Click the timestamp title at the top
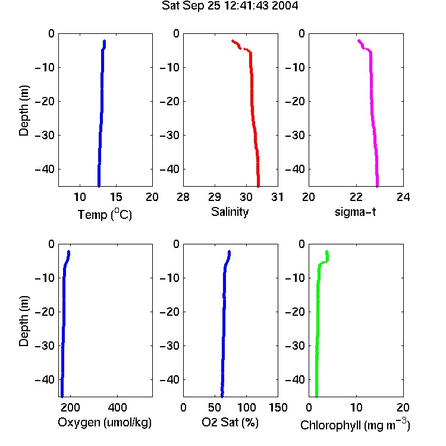[x=230, y=5]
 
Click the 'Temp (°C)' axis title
[x=105, y=215]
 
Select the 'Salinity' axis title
[x=230, y=212]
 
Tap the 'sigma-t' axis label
[x=355, y=212]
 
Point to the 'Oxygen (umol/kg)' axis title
[x=105, y=422]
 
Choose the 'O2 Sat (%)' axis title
[x=230, y=422]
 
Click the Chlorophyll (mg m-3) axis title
[x=355, y=425]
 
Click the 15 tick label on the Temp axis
[x=116, y=197]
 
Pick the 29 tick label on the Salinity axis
[x=215, y=197]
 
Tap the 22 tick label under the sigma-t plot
[x=356, y=197]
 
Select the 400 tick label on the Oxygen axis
[x=118, y=407]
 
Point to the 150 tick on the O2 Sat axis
[x=278, y=407]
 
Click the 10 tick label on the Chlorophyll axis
[x=356, y=407]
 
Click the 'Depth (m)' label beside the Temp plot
[x=24, y=111]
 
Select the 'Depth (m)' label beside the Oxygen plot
[x=24, y=321]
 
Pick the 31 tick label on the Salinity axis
[x=277, y=197]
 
